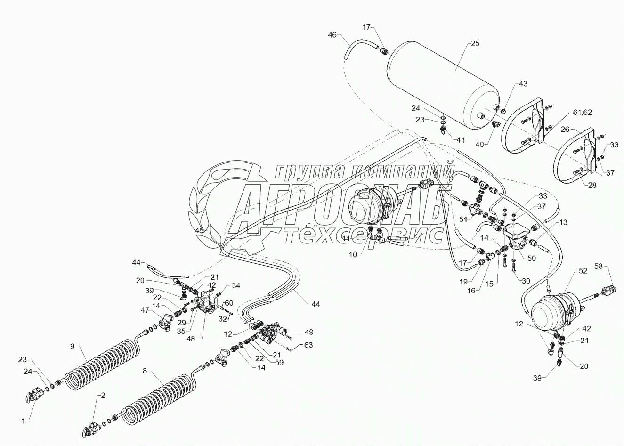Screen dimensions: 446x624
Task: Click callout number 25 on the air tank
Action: click(475, 43)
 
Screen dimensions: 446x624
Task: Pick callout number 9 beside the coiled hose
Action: click(72, 346)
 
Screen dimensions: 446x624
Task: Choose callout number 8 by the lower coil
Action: click(144, 371)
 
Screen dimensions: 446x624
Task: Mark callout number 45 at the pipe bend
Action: click(200, 230)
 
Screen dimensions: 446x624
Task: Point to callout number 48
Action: click(202, 338)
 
